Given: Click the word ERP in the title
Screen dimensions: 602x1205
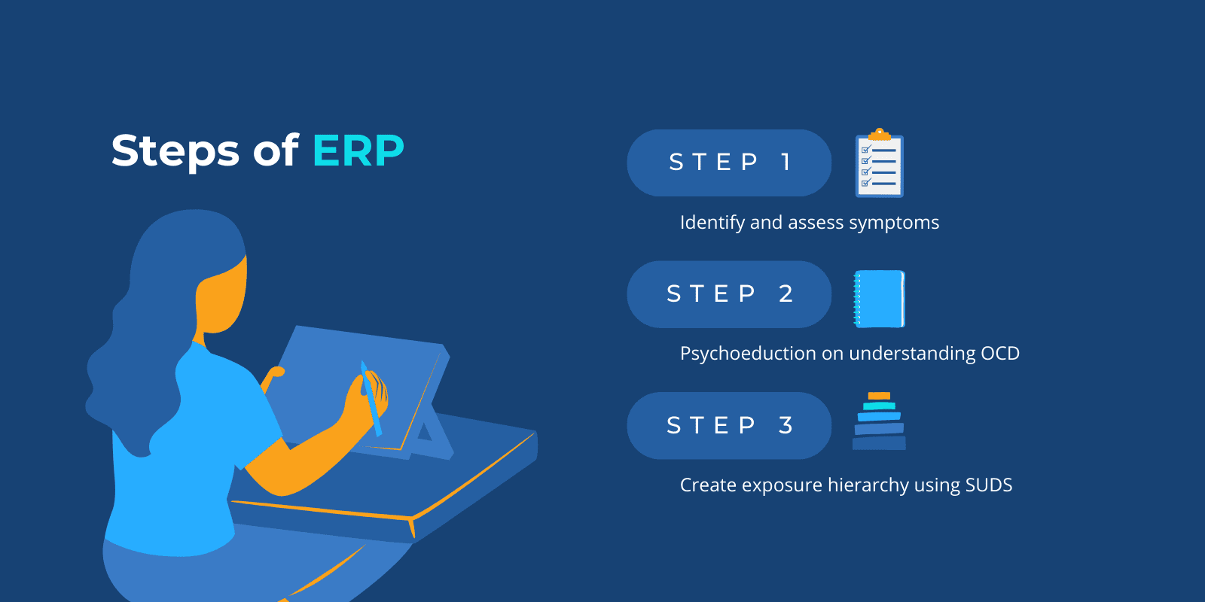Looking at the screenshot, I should point(358,150).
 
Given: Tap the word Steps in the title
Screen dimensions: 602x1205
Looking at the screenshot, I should point(175,151).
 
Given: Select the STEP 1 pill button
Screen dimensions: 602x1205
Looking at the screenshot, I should point(728,163).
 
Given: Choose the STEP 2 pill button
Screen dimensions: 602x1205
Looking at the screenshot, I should point(728,294).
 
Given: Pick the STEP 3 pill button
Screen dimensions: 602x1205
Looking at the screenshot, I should point(728,426).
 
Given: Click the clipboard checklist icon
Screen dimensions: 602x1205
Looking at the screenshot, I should point(879,166).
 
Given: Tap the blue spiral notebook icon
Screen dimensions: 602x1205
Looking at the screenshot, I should point(879,299).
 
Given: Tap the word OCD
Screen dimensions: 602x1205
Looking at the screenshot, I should point(999,354).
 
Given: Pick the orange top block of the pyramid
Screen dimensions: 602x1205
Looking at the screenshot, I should point(879,396).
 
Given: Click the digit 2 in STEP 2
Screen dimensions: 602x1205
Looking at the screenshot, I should point(786,294).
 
